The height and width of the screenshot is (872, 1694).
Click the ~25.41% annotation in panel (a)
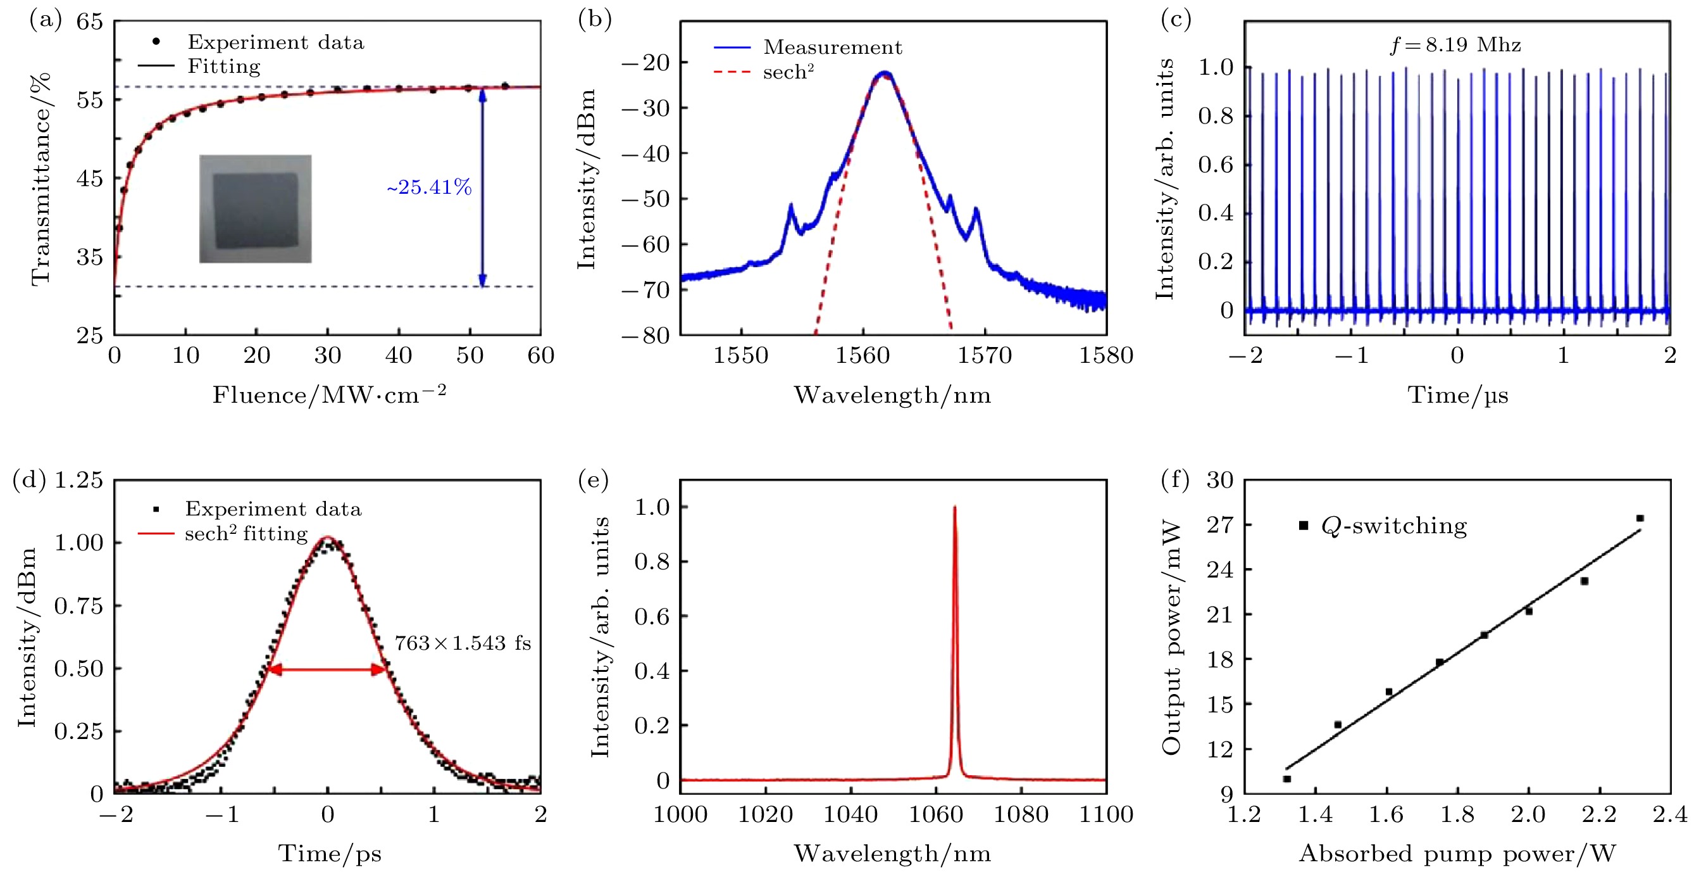point(429,187)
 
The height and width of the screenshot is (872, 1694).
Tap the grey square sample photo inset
point(255,209)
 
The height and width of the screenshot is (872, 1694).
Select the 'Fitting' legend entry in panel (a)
point(223,66)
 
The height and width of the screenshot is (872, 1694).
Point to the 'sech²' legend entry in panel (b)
point(788,72)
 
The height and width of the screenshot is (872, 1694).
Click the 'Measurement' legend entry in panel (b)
point(833,47)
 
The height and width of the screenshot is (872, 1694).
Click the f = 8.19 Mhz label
point(1455,45)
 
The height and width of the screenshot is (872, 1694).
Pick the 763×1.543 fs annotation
point(463,642)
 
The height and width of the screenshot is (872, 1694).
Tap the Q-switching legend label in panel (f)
point(1393,525)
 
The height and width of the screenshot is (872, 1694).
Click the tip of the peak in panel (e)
point(954,507)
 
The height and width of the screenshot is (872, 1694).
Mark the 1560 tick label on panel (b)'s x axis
point(862,355)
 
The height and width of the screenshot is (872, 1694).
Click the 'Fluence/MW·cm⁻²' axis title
point(329,395)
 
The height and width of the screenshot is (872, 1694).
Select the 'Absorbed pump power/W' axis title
point(1457,853)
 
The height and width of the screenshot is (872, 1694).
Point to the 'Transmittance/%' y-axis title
point(40,179)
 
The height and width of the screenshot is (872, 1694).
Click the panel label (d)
point(28,480)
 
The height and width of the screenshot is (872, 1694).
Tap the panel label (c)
point(1175,20)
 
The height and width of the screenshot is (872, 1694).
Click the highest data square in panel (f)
point(1640,519)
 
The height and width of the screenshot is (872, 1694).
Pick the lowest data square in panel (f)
point(1287,778)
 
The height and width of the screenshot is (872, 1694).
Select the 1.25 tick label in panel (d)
point(78,480)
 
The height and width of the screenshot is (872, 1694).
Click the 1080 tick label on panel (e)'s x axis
point(1020,814)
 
